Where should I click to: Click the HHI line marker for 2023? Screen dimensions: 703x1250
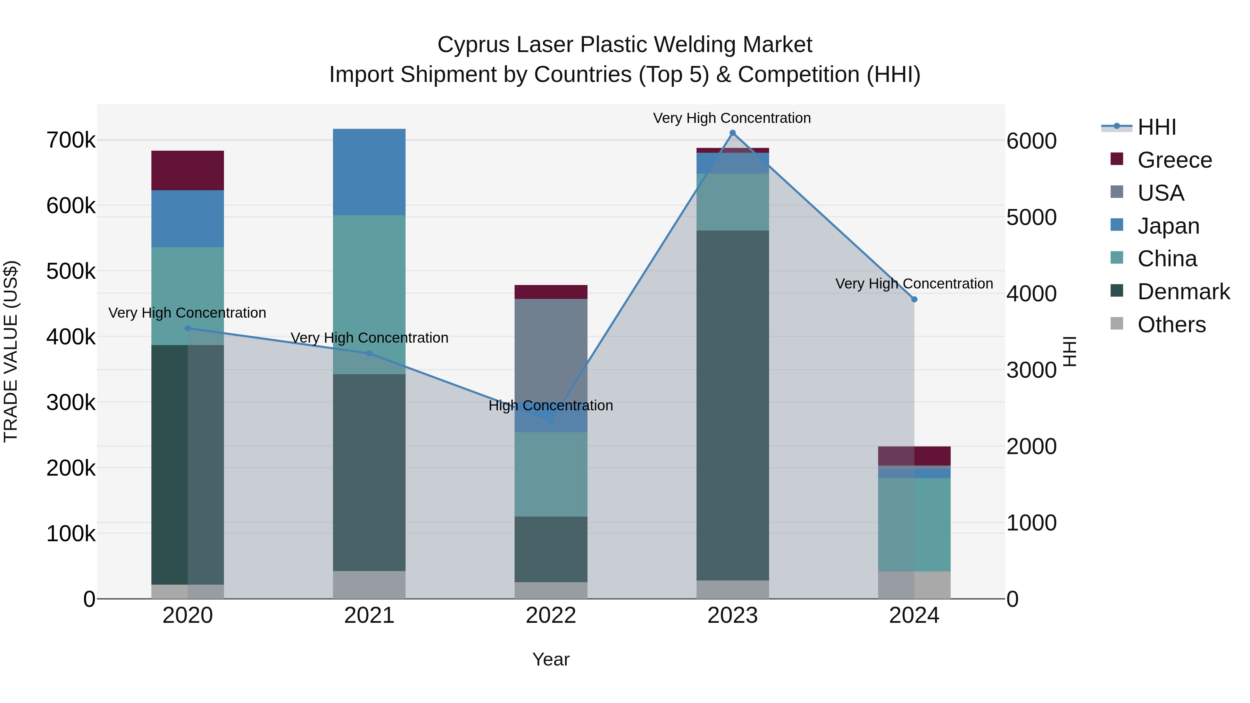point(733,133)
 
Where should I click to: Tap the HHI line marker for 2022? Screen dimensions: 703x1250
point(551,420)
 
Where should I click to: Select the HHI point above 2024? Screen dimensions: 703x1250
point(914,299)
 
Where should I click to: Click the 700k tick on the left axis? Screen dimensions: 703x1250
point(71,140)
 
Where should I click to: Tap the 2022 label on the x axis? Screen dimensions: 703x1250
point(551,616)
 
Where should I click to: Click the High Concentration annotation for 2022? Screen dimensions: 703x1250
point(551,405)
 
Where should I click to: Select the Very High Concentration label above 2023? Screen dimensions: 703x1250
point(732,118)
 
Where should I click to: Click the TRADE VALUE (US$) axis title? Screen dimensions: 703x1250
point(11,351)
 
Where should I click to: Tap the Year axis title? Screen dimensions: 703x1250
point(551,659)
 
